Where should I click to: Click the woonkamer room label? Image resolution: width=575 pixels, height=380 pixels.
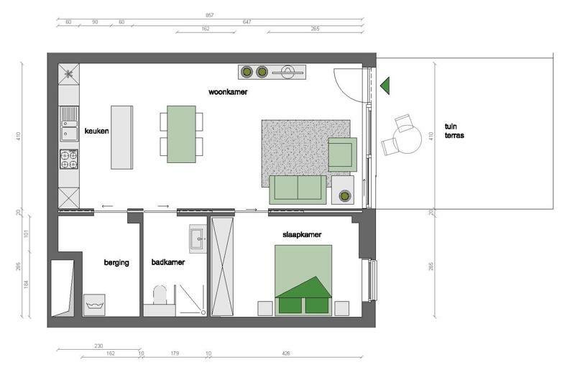click(x=228, y=92)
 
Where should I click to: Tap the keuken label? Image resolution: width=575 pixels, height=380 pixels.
click(x=96, y=131)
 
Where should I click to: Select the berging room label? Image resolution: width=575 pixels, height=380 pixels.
click(x=116, y=262)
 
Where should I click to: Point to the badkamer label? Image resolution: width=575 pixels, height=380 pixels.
click(x=168, y=262)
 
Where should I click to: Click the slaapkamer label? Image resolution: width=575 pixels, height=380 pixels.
click(x=302, y=234)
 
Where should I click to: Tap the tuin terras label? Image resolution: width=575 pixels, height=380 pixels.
click(x=454, y=131)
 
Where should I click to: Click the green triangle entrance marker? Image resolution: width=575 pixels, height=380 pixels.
click(x=385, y=85)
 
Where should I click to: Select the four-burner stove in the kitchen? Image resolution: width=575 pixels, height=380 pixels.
click(x=69, y=159)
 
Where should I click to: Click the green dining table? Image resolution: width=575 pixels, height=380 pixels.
click(x=181, y=134)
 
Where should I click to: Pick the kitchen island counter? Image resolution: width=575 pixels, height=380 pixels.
click(x=121, y=137)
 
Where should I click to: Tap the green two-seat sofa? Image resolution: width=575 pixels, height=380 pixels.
click(x=298, y=190)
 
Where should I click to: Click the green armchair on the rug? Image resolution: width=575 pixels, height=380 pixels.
click(x=343, y=154)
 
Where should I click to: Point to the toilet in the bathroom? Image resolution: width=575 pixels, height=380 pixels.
click(x=160, y=295)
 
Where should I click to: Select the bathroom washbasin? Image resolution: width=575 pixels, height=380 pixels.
click(x=198, y=238)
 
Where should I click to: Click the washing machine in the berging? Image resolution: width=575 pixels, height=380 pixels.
click(x=94, y=305)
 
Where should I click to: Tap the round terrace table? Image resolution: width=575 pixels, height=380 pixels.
click(x=408, y=139)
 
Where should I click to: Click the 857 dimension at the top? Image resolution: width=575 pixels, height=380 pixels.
click(x=209, y=15)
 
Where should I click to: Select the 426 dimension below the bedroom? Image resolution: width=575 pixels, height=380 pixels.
click(x=286, y=353)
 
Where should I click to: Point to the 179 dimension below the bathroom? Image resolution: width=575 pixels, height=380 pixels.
click(x=175, y=353)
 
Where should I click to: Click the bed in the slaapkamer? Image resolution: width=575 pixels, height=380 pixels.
click(x=303, y=280)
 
